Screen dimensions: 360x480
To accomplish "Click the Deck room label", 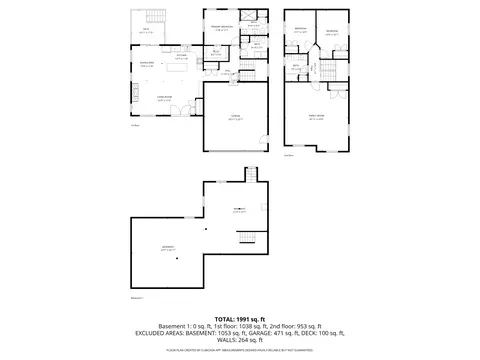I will pyautogui.click(x=146, y=30).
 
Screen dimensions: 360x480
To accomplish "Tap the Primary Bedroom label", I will pyautogui.click(x=221, y=28).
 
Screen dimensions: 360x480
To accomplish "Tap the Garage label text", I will pyautogui.click(x=234, y=118).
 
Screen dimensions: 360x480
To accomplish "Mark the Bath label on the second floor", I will pyautogui.click(x=296, y=67).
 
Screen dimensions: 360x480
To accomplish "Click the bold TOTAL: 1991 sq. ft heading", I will pyautogui.click(x=240, y=318).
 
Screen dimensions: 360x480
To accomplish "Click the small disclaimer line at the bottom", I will pyautogui.click(x=240, y=350).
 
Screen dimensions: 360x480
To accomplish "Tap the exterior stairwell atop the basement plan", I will pyautogui.click(x=257, y=174).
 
